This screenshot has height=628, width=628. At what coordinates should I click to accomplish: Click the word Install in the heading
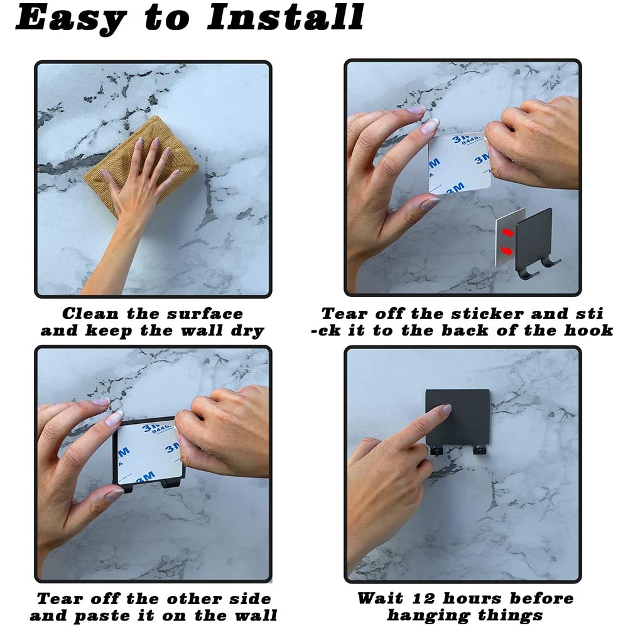[x=285, y=17]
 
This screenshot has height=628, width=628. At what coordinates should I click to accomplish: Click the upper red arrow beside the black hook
[x=508, y=232]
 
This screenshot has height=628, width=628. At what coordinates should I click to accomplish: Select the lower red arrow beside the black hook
[x=507, y=251]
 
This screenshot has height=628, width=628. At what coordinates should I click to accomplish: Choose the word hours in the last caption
[x=472, y=598]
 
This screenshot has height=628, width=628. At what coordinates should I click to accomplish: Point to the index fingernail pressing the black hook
[x=447, y=409]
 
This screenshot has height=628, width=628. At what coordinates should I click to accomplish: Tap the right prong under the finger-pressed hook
[x=479, y=450]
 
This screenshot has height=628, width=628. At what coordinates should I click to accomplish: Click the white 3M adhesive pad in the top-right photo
[x=460, y=163]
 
